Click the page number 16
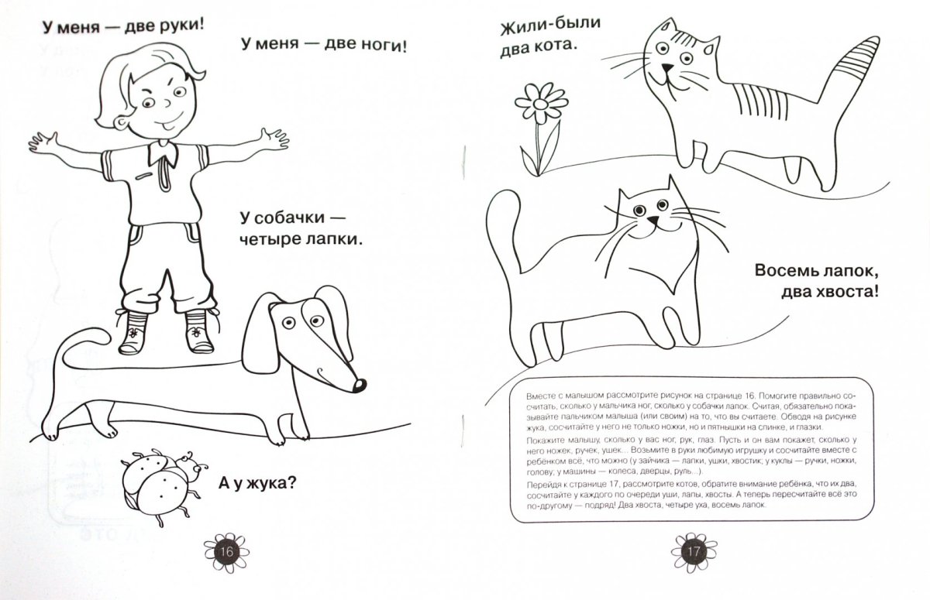[x=226, y=552]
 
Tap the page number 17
[x=694, y=552]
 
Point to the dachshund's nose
[x=359, y=386]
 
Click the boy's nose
[x=166, y=102]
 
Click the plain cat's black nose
[x=653, y=220]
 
